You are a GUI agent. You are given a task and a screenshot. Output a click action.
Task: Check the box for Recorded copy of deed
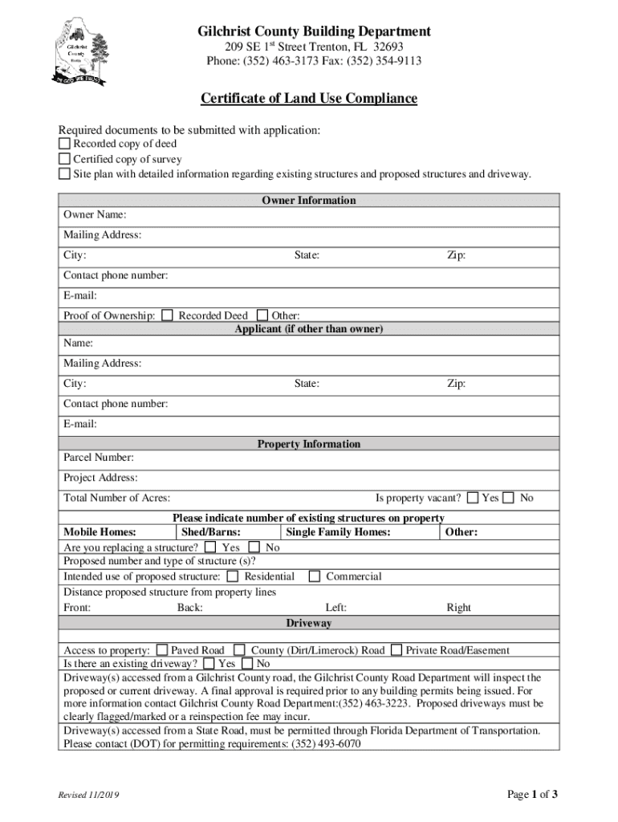pyautogui.click(x=64, y=144)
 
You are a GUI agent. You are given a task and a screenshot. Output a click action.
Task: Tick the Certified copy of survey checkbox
pyautogui.click(x=64, y=159)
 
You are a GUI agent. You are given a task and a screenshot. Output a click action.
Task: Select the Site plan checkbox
pyautogui.click(x=64, y=174)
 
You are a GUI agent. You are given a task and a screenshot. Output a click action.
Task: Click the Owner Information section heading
pyautogui.click(x=309, y=201)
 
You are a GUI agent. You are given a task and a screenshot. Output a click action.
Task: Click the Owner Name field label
pyautogui.click(x=95, y=215)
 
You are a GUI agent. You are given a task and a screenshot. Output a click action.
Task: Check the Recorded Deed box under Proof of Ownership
pyautogui.click(x=167, y=315)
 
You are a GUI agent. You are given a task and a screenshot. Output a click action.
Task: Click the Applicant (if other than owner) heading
pyautogui.click(x=309, y=330)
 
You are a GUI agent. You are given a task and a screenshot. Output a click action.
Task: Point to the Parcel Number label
pyautogui.click(x=99, y=458)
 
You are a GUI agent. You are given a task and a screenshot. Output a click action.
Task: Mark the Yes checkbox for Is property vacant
pyautogui.click(x=472, y=498)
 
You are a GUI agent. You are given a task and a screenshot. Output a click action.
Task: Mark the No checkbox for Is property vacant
pyautogui.click(x=509, y=498)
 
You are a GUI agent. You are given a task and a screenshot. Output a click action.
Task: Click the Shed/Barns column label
pyautogui.click(x=211, y=532)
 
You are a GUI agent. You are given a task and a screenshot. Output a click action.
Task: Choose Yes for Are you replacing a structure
pyautogui.click(x=210, y=547)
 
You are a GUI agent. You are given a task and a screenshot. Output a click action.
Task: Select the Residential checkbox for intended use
pyautogui.click(x=233, y=576)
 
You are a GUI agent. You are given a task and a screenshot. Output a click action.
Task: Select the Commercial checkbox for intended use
pyautogui.click(x=315, y=576)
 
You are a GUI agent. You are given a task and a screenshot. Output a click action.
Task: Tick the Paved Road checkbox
pyautogui.click(x=161, y=650)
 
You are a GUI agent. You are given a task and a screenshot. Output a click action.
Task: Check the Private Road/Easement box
pyautogui.click(x=396, y=650)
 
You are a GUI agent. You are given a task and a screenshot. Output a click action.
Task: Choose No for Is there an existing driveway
pyautogui.click(x=247, y=664)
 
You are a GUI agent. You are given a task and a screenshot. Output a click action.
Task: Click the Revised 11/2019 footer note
pyautogui.click(x=87, y=795)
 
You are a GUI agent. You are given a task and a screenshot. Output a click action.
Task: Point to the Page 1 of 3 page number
pyautogui.click(x=532, y=795)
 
